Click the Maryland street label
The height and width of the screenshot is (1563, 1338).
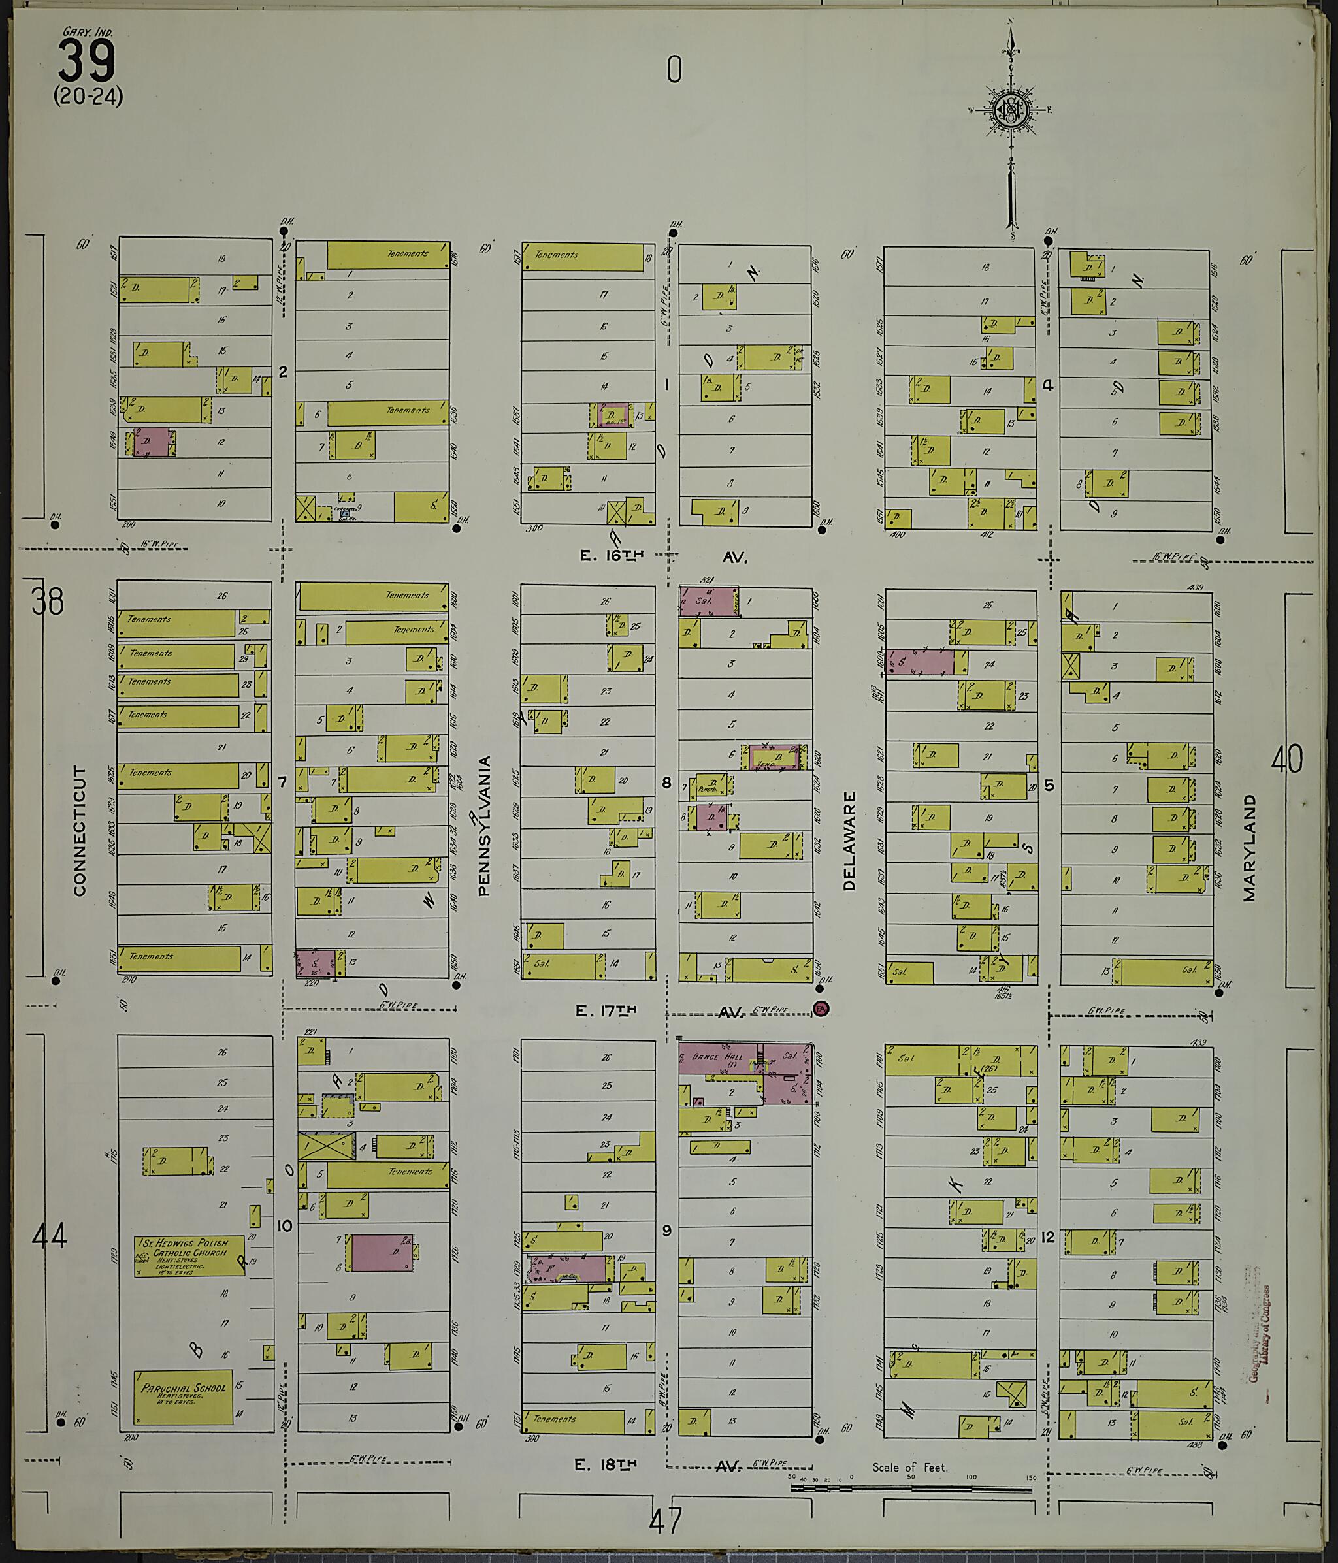[1250, 847]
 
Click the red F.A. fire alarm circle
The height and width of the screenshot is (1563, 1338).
[821, 1008]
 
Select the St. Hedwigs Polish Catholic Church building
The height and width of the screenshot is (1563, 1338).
[189, 1256]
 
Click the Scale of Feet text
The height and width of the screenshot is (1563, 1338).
[909, 1467]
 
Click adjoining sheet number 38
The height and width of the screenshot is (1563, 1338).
[48, 602]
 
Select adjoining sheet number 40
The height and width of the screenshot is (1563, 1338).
[1286, 760]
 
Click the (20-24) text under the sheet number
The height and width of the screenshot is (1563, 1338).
[88, 97]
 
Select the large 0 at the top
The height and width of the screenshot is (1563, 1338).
[674, 70]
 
